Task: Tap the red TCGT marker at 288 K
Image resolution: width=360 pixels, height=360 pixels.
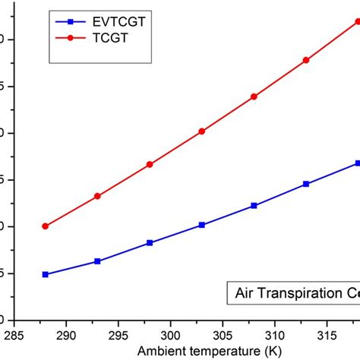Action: (46, 226)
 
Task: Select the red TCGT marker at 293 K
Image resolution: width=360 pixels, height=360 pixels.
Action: (97, 196)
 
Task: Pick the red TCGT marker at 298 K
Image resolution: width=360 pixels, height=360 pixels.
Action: (150, 164)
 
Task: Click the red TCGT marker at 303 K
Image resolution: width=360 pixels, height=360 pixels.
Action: (202, 131)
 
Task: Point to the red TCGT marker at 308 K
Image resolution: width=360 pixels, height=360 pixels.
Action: (254, 96)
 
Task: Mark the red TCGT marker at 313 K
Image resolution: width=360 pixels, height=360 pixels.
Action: (306, 60)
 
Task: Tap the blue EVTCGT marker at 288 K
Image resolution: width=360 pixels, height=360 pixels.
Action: (46, 274)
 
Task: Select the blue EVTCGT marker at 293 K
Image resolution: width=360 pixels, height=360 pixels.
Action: (97, 261)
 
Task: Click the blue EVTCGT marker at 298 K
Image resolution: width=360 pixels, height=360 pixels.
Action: (150, 242)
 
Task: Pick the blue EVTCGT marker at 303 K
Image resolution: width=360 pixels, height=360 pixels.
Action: (202, 225)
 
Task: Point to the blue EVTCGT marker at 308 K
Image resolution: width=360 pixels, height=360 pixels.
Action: (254, 205)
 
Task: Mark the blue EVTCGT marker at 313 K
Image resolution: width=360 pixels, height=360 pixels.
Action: (306, 184)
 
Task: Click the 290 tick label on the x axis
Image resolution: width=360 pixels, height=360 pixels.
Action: (66, 334)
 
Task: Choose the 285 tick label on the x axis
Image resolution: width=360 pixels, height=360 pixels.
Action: (14, 334)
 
